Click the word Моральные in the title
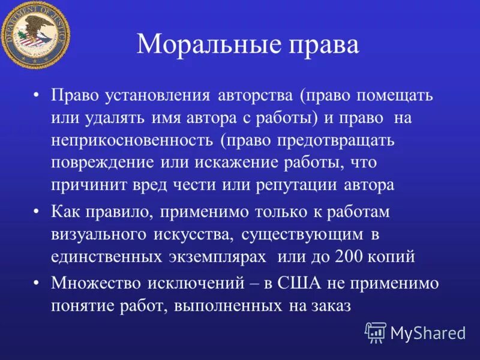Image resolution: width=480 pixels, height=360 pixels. click(203, 46)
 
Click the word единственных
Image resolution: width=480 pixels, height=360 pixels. click(106, 256)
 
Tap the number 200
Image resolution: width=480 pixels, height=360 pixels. click(349, 256)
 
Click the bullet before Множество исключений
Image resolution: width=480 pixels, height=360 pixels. click(37, 283)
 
